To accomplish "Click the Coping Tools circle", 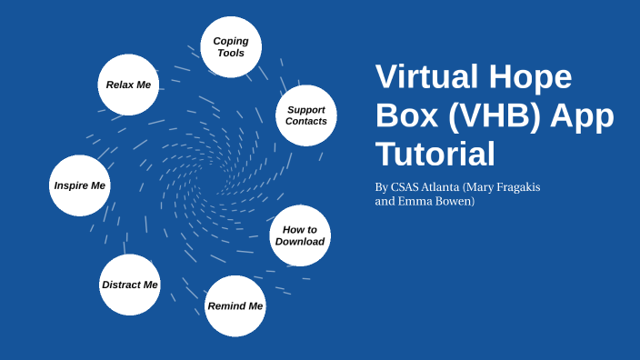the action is pos(231,47).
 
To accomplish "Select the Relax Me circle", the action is pos(128,85).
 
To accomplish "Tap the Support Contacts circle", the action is pos(306,115).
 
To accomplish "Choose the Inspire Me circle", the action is pos(80,185).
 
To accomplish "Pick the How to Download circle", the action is pos(300,235).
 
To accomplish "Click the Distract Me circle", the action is pos(130,285).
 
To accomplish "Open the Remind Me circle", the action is pos(235,305).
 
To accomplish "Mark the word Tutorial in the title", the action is pos(435,154).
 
